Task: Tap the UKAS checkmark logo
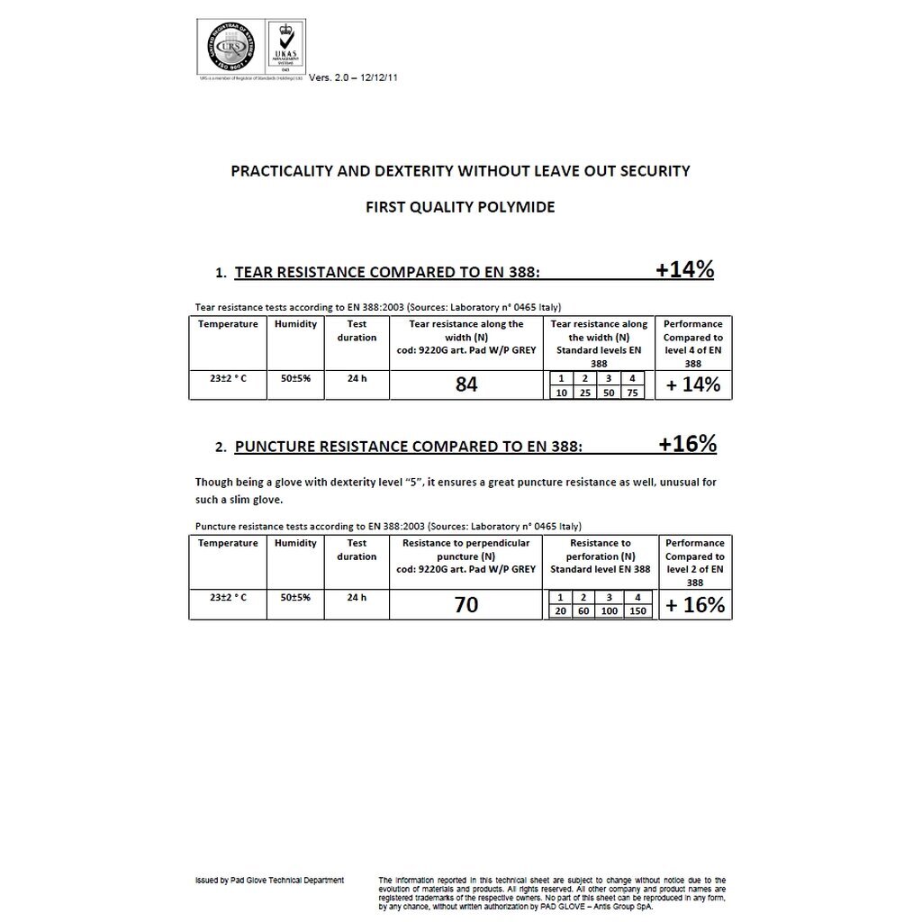pyautogui.click(x=285, y=49)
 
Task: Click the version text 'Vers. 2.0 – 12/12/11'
pyautogui.click(x=353, y=77)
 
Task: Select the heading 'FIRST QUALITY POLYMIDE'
pyautogui.click(x=460, y=207)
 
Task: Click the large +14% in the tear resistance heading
pyautogui.click(x=684, y=269)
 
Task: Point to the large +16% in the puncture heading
pyautogui.click(x=687, y=444)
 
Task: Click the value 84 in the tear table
pyautogui.click(x=466, y=384)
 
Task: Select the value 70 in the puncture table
pyautogui.click(x=466, y=605)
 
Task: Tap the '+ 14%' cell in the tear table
pyautogui.click(x=693, y=384)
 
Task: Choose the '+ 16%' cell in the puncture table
pyautogui.click(x=694, y=605)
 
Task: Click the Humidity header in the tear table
pyautogui.click(x=295, y=324)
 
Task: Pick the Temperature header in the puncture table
pyautogui.click(x=228, y=543)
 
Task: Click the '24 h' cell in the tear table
pyautogui.click(x=357, y=378)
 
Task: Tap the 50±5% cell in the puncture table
pyautogui.click(x=295, y=597)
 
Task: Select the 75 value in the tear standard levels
pyautogui.click(x=634, y=393)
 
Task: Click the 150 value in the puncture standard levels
pyautogui.click(x=637, y=611)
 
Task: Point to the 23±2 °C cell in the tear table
pyautogui.click(x=228, y=378)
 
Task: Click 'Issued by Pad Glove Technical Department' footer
pyautogui.click(x=270, y=880)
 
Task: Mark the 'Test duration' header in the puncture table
pyautogui.click(x=357, y=549)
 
